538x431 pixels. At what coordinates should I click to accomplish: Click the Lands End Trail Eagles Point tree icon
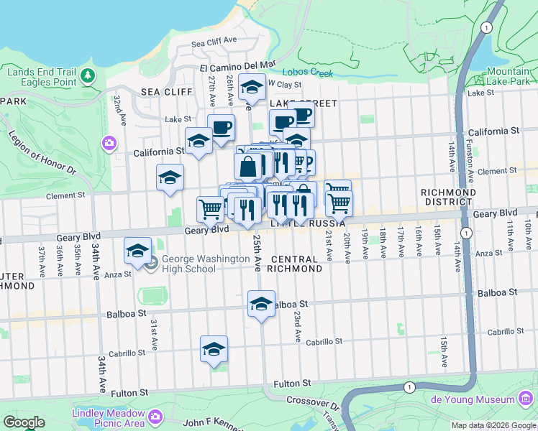pyautogui.click(x=88, y=75)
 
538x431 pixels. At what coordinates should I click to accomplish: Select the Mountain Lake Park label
pyautogui.click(x=508, y=77)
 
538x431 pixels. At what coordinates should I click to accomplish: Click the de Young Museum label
pyautogui.click(x=473, y=399)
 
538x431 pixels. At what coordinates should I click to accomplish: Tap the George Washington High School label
pyautogui.click(x=188, y=264)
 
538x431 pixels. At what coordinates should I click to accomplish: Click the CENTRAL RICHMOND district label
pyautogui.click(x=295, y=264)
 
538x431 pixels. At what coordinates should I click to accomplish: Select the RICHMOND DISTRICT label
pyautogui.click(x=448, y=198)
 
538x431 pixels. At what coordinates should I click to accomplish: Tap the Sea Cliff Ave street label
pyautogui.click(x=214, y=42)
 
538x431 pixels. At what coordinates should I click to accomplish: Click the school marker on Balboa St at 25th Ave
pyautogui.click(x=262, y=303)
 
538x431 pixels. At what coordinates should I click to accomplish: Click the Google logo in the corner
pyautogui.click(x=24, y=422)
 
